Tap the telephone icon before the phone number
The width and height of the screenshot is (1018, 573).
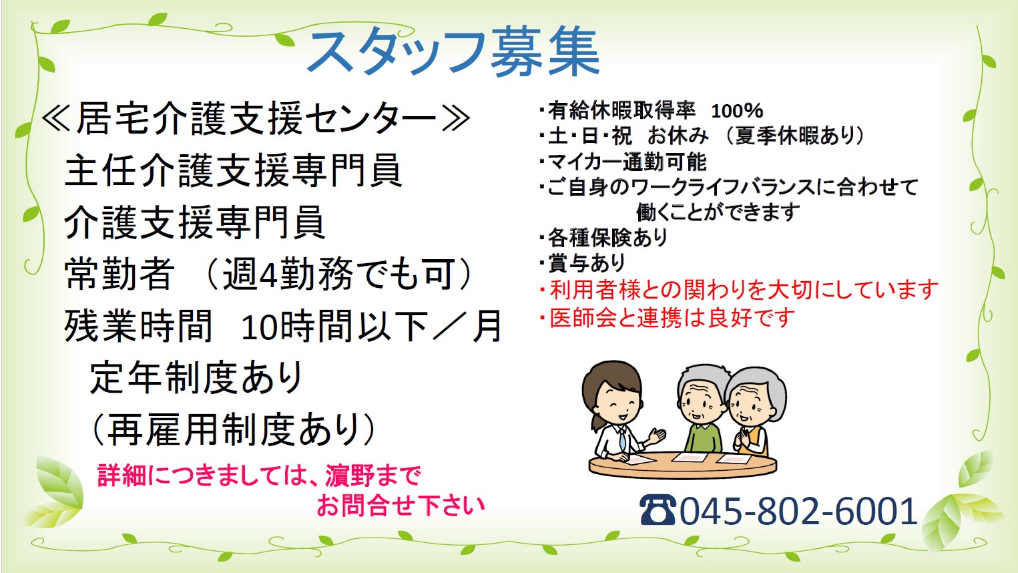(657, 510)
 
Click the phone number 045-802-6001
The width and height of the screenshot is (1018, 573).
(798, 511)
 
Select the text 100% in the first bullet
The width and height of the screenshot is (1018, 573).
(737, 111)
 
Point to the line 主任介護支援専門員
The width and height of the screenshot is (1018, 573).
(234, 170)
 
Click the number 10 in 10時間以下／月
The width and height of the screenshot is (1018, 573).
(259, 327)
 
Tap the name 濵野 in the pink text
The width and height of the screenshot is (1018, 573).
(356, 476)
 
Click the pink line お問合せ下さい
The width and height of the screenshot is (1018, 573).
(401, 506)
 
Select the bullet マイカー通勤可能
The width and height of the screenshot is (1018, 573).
(623, 162)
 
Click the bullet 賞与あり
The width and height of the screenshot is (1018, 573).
(583, 263)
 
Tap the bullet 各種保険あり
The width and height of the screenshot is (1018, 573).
(603, 237)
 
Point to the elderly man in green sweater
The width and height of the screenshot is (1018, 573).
(702, 409)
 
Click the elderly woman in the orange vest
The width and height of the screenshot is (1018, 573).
(754, 411)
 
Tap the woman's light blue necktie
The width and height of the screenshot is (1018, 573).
(622, 439)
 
